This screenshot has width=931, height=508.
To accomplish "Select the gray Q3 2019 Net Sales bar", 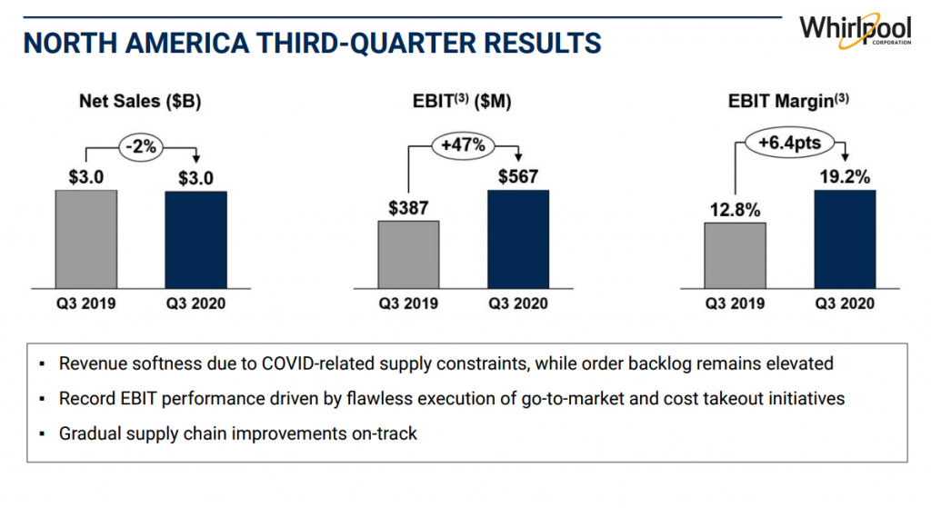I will [86, 238].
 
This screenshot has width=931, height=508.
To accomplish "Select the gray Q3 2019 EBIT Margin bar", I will [736, 255].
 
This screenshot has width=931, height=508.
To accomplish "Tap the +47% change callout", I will [464, 144].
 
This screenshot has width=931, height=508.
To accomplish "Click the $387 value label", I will [409, 207].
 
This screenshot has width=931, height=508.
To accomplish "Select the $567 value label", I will [518, 175].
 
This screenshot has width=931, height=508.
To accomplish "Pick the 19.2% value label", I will [845, 176].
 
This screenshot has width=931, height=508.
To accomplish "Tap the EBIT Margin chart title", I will [788, 102].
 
